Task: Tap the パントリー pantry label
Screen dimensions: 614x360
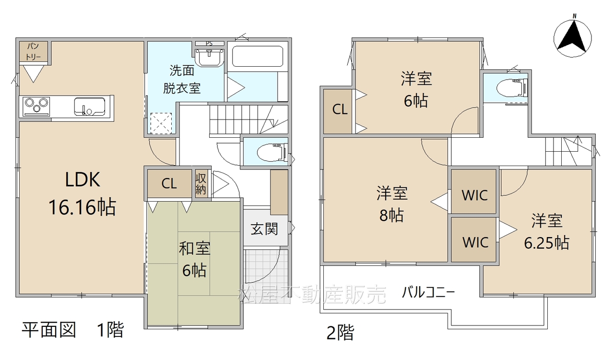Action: [33, 51]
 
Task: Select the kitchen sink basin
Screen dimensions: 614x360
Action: [89, 107]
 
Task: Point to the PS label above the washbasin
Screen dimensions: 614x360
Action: [209, 43]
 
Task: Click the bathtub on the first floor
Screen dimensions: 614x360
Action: [258, 57]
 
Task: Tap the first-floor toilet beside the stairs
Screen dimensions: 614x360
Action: [272, 152]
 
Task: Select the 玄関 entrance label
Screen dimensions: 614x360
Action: [264, 229]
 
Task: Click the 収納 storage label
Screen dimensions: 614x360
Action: [201, 184]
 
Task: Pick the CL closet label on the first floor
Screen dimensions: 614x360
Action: [169, 183]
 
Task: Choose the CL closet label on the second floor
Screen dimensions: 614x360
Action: [340, 109]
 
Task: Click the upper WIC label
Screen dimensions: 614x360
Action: [475, 195]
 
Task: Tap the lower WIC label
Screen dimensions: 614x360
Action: [475, 242]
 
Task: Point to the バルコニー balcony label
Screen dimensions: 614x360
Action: [428, 292]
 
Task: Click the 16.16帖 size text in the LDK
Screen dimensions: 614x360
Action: [82, 207]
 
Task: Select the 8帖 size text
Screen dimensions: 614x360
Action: [391, 215]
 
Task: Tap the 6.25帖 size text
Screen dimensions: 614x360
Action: [546, 243]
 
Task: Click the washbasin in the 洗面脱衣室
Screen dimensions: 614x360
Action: [210, 58]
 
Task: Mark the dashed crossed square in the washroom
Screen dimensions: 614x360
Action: [161, 123]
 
